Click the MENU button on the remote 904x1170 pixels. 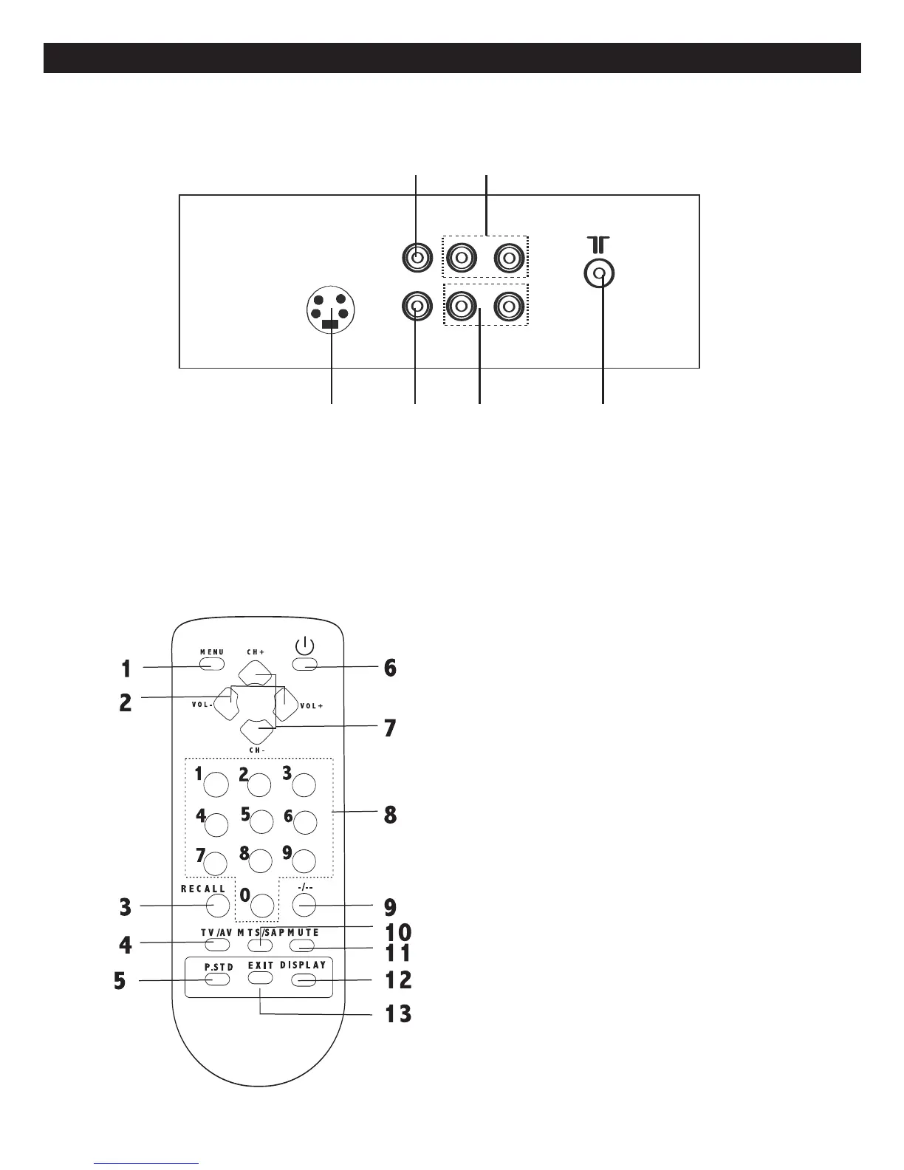click(x=211, y=665)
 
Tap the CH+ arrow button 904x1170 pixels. click(x=256, y=673)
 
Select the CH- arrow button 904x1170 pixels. click(x=256, y=731)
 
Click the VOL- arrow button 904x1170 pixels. click(x=227, y=702)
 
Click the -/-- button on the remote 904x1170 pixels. click(x=304, y=905)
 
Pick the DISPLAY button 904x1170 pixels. click(x=304, y=980)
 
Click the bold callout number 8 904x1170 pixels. click(x=390, y=815)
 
